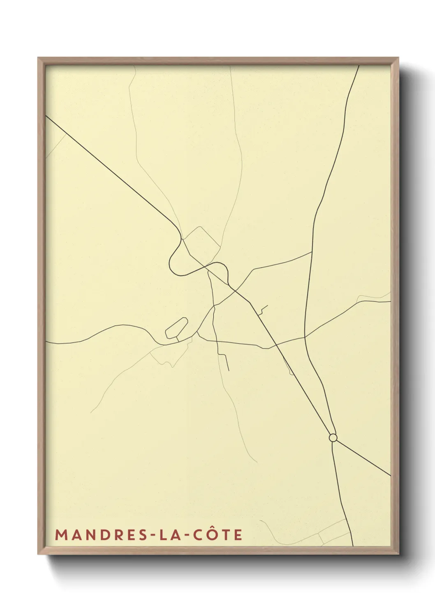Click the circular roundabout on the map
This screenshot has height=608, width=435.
[333, 438]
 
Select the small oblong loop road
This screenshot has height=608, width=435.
[176, 328]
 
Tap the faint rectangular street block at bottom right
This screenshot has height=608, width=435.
[335, 532]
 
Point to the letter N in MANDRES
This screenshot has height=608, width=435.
[88, 535]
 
